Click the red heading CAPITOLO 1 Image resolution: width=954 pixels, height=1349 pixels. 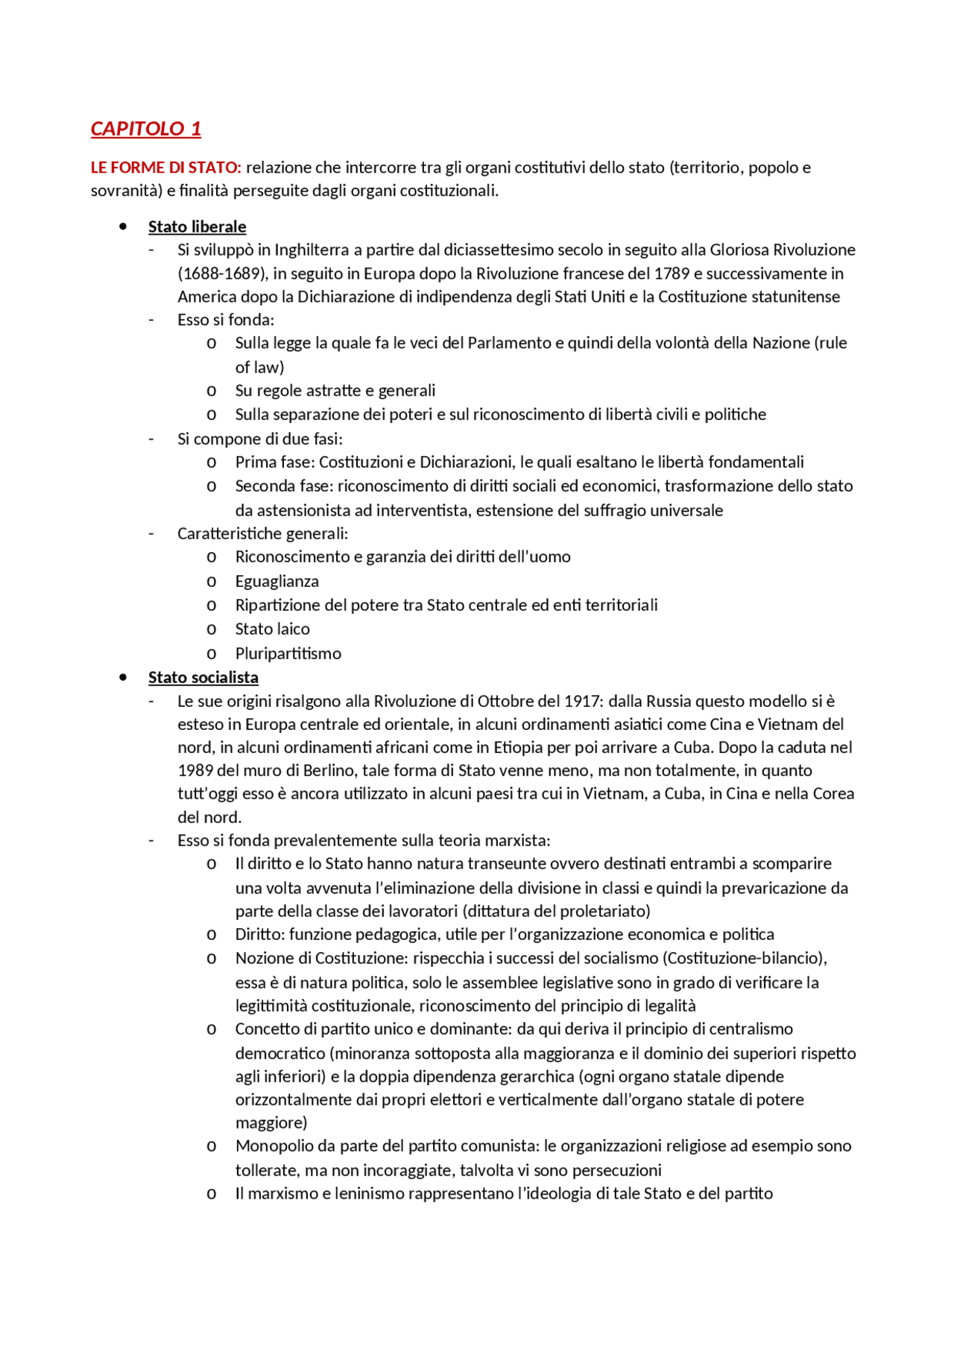(x=145, y=129)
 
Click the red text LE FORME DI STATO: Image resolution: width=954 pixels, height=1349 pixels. (x=165, y=168)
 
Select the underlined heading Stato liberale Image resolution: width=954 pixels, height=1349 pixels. (x=197, y=226)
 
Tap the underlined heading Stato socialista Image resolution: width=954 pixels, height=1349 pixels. (x=203, y=677)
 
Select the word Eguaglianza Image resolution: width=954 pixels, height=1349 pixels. (x=277, y=581)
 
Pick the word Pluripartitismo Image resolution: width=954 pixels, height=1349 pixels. (x=288, y=653)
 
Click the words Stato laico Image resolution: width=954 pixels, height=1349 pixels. (x=272, y=629)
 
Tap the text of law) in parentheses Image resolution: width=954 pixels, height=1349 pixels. (x=259, y=367)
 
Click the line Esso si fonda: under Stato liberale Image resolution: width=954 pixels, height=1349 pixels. (x=225, y=320)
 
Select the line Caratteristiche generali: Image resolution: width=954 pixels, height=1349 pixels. (x=262, y=533)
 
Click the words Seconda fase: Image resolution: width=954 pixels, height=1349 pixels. (x=285, y=486)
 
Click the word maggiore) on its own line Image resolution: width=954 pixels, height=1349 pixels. (x=271, y=1123)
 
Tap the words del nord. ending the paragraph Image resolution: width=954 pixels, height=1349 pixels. (x=209, y=817)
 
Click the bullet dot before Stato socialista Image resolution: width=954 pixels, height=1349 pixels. (x=123, y=677)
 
